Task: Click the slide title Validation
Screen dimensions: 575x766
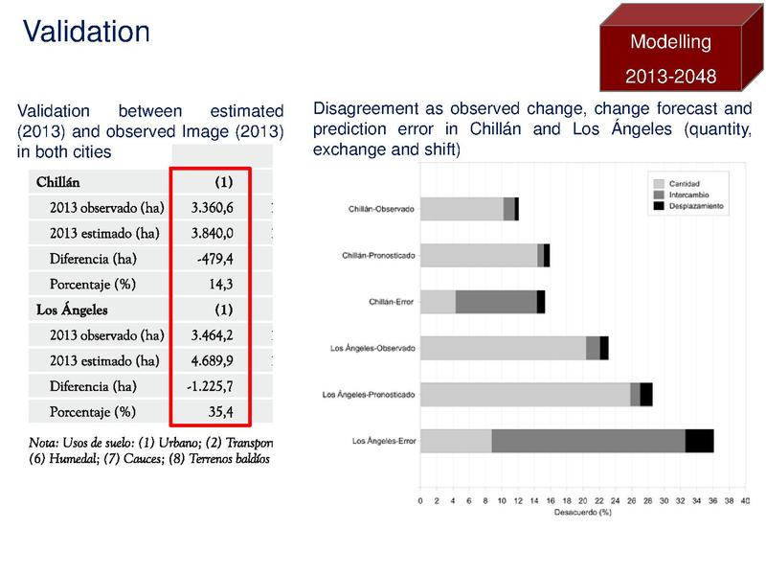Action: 86,31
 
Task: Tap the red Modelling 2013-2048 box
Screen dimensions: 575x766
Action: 670,57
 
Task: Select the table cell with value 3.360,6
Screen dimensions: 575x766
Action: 213,207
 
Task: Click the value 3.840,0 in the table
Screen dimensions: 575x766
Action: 213,233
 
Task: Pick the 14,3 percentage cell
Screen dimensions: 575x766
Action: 220,285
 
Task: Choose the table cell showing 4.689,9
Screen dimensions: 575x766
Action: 213,361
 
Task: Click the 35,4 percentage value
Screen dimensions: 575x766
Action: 220,413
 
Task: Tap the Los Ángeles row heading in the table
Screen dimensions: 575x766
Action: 72,310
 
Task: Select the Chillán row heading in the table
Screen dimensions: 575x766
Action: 57,181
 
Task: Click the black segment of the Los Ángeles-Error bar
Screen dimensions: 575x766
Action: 699,441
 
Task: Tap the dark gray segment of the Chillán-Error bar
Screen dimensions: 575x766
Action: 496,301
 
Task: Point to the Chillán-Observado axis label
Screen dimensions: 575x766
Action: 382,209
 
